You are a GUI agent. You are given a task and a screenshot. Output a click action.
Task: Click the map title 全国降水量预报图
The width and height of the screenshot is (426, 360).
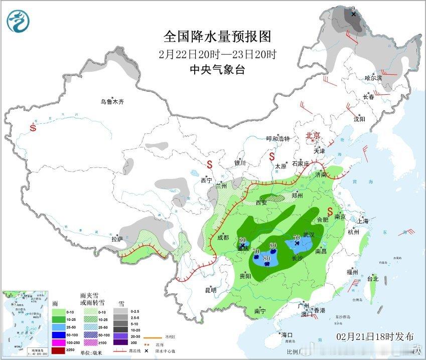click(x=217, y=37)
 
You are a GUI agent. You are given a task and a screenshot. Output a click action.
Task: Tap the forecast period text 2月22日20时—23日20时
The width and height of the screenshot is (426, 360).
click(x=217, y=54)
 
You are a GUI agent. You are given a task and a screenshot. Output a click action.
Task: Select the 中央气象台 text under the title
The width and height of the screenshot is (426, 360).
click(x=217, y=70)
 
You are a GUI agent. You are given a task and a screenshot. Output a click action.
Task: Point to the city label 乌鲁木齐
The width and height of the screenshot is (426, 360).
click(x=111, y=102)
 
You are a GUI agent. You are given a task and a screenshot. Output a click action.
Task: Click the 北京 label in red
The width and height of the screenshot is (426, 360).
click(x=313, y=135)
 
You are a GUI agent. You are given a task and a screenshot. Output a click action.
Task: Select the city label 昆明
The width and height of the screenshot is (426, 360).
click(x=210, y=290)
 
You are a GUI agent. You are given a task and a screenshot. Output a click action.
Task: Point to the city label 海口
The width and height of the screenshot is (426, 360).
click(x=287, y=335)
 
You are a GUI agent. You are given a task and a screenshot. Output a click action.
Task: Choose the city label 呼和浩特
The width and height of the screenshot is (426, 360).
click(x=278, y=139)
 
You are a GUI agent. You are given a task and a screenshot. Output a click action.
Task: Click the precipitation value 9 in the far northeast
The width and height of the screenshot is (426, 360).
click(x=353, y=9)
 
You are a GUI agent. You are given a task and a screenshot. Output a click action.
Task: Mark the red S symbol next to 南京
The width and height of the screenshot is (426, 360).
click(x=331, y=210)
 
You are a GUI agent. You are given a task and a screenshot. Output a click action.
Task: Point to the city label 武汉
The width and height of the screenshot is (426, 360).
click(x=309, y=235)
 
